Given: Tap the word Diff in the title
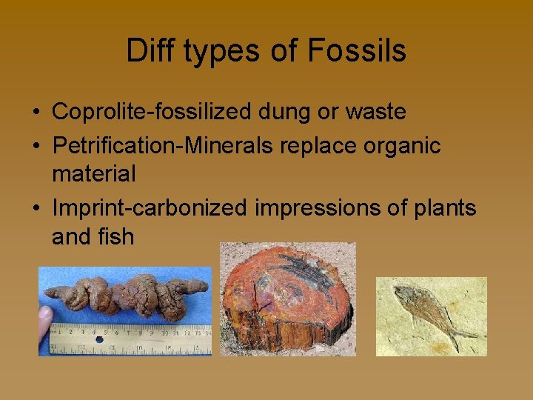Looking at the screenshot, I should click(145, 51).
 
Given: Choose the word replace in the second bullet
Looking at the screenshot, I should click(319, 145).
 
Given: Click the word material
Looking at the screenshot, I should click(94, 174).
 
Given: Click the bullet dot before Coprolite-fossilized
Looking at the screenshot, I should click(36, 113).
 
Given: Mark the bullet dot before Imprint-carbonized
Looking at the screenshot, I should click(36, 209).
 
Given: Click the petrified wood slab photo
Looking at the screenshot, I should click(288, 299).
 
